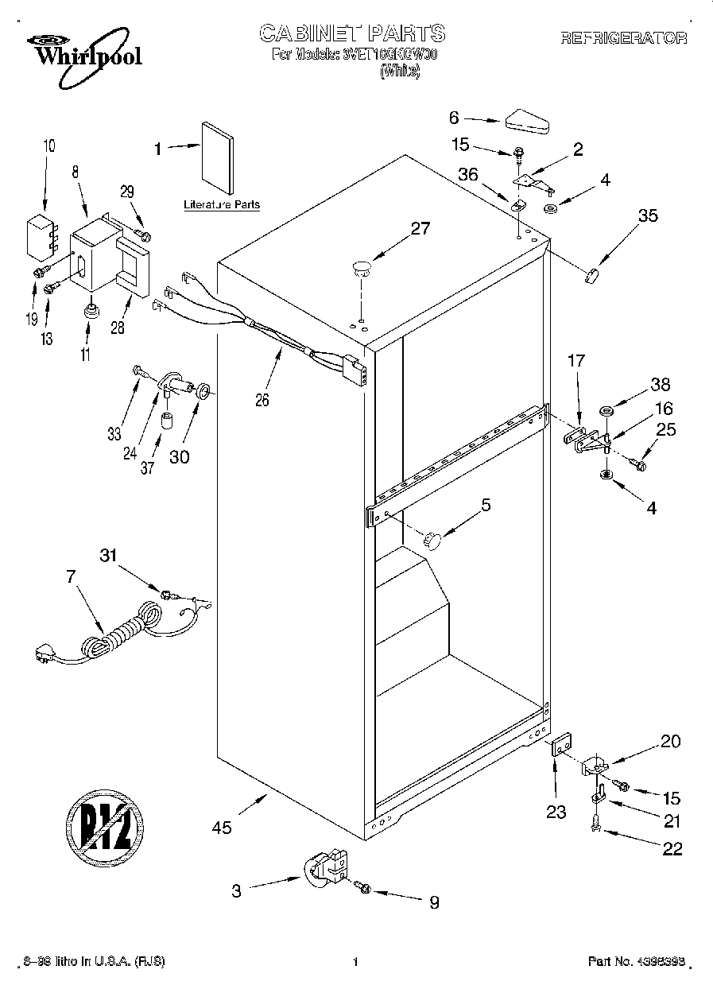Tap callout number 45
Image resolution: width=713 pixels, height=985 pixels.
pos(223,828)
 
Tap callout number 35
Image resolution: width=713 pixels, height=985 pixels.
pos(648,215)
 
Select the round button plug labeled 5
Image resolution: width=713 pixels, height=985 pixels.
pos(432,540)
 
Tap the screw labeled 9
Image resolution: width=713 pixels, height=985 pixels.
pos(364,887)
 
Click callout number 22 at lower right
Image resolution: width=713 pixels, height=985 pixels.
pos(672,848)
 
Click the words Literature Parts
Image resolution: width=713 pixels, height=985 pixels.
pos(222,204)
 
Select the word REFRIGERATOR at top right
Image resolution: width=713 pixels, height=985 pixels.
pos(623,37)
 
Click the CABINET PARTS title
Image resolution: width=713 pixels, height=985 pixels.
pos(353,33)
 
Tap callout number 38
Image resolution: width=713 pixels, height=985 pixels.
pos(660,386)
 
